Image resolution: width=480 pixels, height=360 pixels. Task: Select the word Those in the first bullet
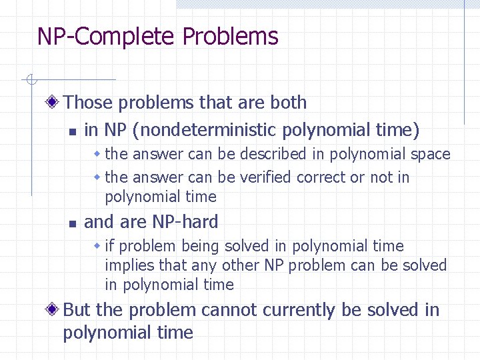click(89, 103)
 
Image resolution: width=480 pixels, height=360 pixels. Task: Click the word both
click(288, 103)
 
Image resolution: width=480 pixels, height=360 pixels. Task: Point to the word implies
click(126, 265)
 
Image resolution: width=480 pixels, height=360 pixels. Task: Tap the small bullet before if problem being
click(97, 246)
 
